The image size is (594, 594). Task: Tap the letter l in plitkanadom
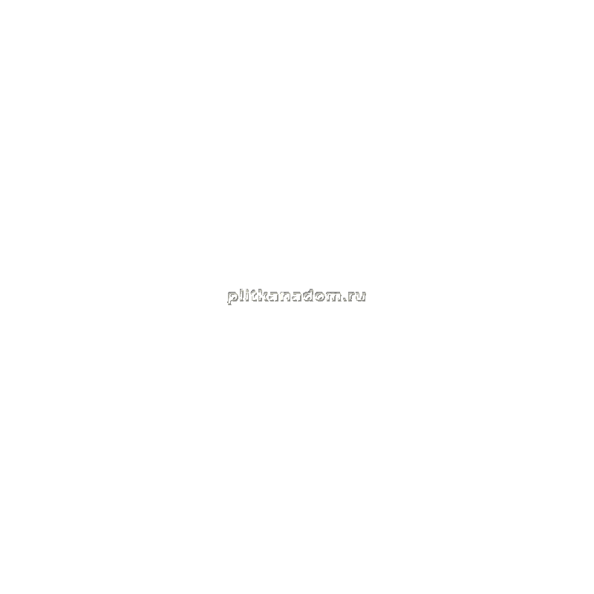point(241,295)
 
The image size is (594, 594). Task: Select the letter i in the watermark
point(247,295)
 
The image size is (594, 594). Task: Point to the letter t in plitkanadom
point(253,296)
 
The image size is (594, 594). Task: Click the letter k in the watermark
point(263,295)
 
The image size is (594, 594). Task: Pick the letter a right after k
point(273,296)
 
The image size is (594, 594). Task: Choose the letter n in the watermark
point(285,296)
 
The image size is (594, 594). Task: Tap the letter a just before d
point(297,296)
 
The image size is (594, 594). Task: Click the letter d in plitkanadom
point(309,295)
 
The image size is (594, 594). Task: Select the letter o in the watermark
point(321,296)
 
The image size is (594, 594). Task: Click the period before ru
point(345,299)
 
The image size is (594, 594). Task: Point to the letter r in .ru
point(352,296)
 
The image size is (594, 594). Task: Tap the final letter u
point(361,296)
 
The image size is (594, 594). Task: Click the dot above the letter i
point(247,290)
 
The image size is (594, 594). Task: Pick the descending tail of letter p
point(229,302)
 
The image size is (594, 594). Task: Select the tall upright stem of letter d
point(312,295)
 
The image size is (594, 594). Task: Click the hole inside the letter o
point(321,296)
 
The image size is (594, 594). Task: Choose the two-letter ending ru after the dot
point(357,296)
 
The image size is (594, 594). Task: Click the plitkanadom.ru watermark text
point(296,296)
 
